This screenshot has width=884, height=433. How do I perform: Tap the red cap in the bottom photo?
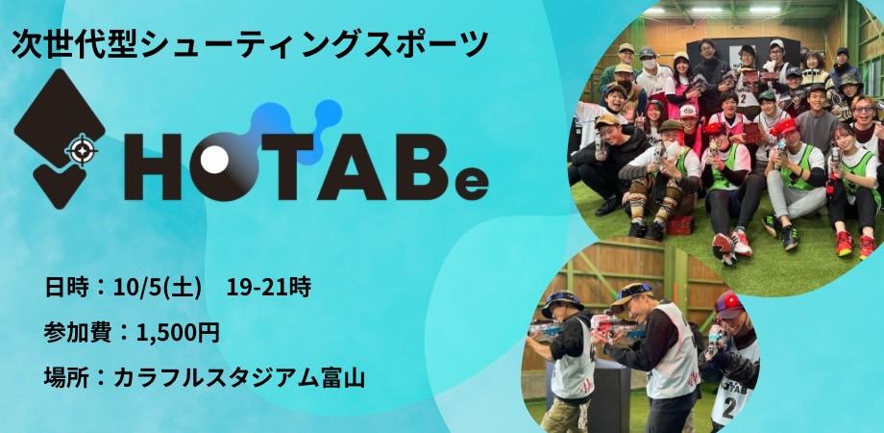730,306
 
